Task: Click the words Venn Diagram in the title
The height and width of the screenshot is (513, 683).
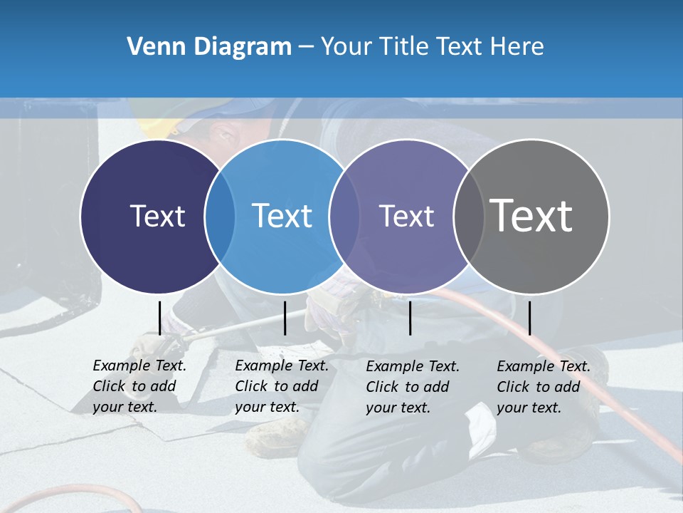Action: [209, 47]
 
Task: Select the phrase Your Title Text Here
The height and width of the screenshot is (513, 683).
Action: [432, 47]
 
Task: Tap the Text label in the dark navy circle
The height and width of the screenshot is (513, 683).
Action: [157, 216]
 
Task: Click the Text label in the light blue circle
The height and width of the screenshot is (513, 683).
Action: [282, 216]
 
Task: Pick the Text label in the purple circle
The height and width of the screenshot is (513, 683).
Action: [406, 216]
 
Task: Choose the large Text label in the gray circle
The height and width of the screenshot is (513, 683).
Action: [531, 215]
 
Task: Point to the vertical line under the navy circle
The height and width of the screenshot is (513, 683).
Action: [159, 318]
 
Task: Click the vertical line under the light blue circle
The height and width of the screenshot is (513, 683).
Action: [285, 318]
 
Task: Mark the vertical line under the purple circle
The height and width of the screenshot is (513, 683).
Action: [411, 318]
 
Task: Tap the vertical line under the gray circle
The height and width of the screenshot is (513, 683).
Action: [529, 318]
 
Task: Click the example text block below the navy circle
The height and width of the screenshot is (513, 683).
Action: [139, 386]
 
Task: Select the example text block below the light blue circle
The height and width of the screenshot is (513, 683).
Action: [282, 386]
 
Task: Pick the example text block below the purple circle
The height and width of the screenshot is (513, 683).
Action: [413, 387]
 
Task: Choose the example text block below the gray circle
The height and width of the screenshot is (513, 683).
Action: [544, 387]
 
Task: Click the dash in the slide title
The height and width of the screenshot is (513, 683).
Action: [305, 47]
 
